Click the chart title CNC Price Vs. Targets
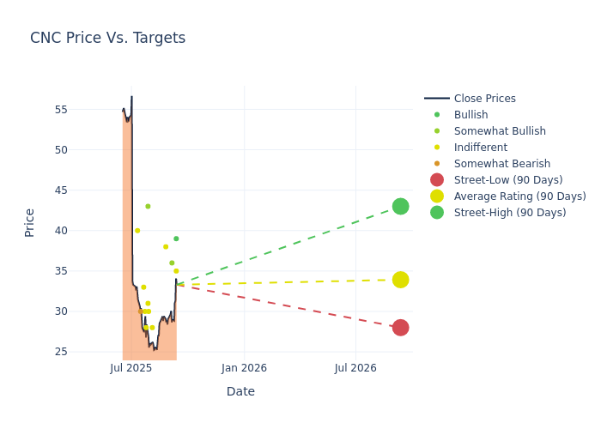[x=107, y=38]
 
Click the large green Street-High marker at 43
[x=400, y=207]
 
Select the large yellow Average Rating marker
[x=400, y=280]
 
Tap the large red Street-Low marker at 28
[x=400, y=328]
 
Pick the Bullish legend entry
[x=470, y=115]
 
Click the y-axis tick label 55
[x=62, y=110]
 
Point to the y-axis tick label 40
[x=62, y=231]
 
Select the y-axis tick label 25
[x=62, y=352]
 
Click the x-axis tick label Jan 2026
[x=244, y=368]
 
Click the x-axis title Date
[x=240, y=391]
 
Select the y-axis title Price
[x=30, y=222]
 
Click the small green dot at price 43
[x=148, y=207]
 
